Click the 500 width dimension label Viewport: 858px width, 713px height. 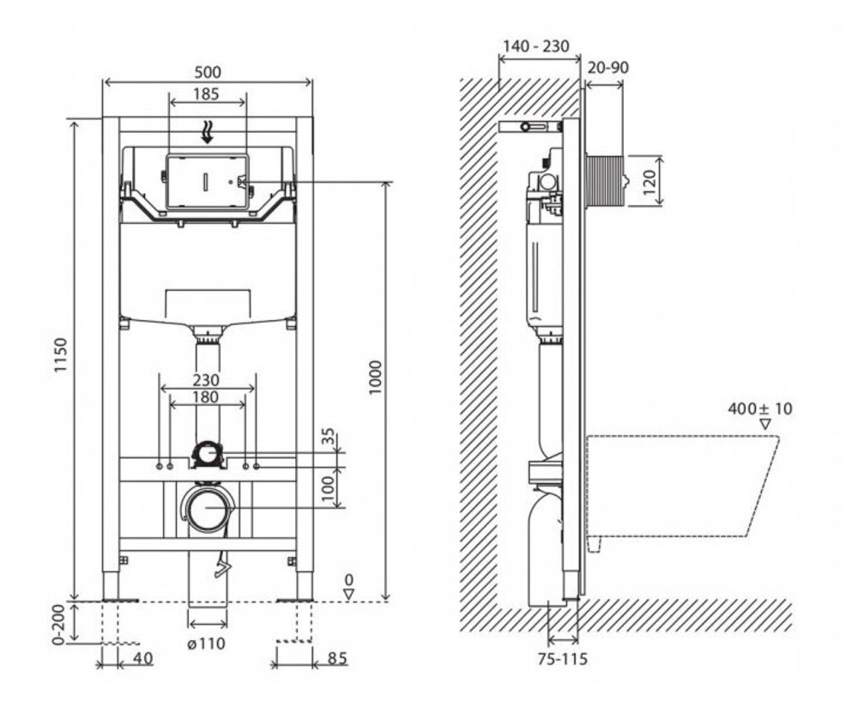(208, 72)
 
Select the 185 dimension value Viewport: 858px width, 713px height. (206, 94)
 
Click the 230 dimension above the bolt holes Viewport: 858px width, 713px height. (206, 379)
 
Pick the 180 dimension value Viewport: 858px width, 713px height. (206, 396)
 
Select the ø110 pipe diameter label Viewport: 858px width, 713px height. (206, 644)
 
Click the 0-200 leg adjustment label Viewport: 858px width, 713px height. (59, 625)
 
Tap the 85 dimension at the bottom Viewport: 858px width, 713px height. (337, 658)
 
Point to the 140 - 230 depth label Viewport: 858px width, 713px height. (535, 46)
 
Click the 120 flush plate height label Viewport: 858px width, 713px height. (649, 182)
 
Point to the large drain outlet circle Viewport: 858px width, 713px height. (207, 507)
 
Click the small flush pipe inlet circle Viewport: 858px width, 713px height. (206, 454)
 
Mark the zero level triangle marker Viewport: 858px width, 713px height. (348, 594)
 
